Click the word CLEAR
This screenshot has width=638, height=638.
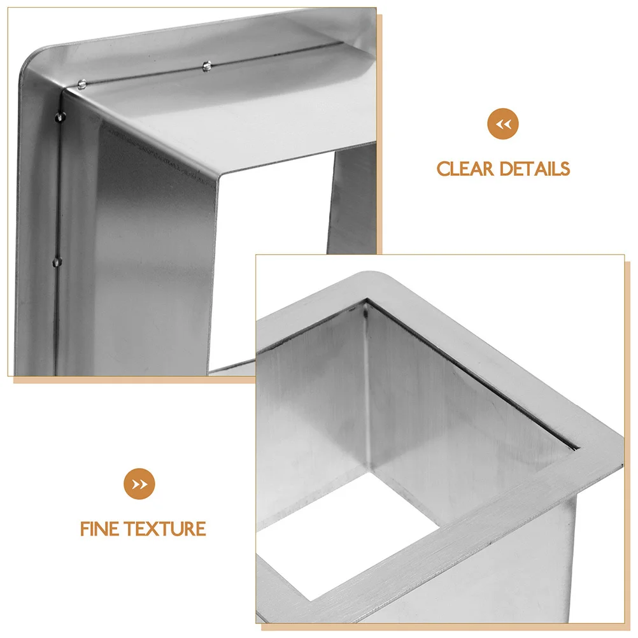pyautogui.click(x=465, y=169)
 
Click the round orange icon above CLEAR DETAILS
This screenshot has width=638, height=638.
pyautogui.click(x=503, y=124)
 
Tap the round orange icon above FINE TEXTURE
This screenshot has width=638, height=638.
pyautogui.click(x=139, y=484)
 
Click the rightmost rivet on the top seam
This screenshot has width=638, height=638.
pyautogui.click(x=206, y=65)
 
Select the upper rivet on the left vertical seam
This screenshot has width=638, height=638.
pyautogui.click(x=60, y=116)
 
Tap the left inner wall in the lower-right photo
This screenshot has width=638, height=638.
pyautogui.click(x=312, y=414)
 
